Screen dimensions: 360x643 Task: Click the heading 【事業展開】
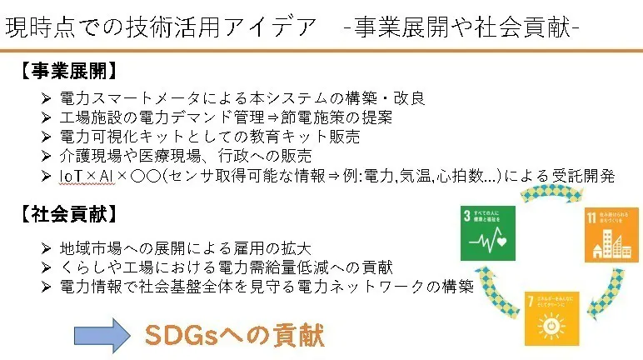tap(66, 71)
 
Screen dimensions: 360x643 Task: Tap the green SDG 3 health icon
tap(491, 237)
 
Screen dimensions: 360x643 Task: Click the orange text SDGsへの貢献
tap(234, 335)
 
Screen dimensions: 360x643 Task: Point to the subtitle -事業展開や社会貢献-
tap(462, 27)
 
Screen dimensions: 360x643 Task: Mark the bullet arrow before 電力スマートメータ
tap(46, 98)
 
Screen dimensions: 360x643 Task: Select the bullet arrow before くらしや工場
tap(46, 267)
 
